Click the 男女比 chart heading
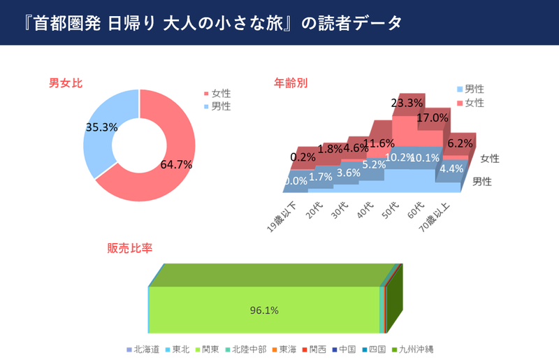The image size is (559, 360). (x=66, y=83)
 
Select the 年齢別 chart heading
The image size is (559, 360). (x=290, y=83)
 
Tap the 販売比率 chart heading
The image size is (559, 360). (x=129, y=248)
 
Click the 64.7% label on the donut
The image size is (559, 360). (x=176, y=165)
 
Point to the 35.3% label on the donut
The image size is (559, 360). (x=101, y=127)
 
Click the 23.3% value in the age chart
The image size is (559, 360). (x=407, y=103)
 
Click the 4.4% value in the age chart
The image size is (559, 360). (x=451, y=168)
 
